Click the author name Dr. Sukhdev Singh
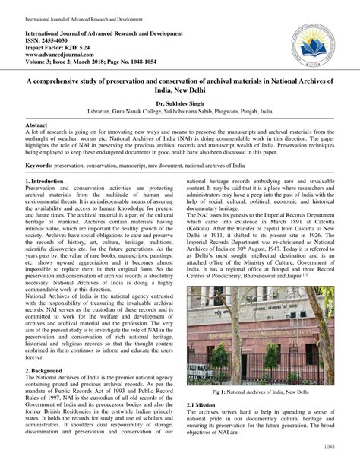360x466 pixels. point(179,101)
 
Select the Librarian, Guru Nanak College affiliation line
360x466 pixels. point(179,110)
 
